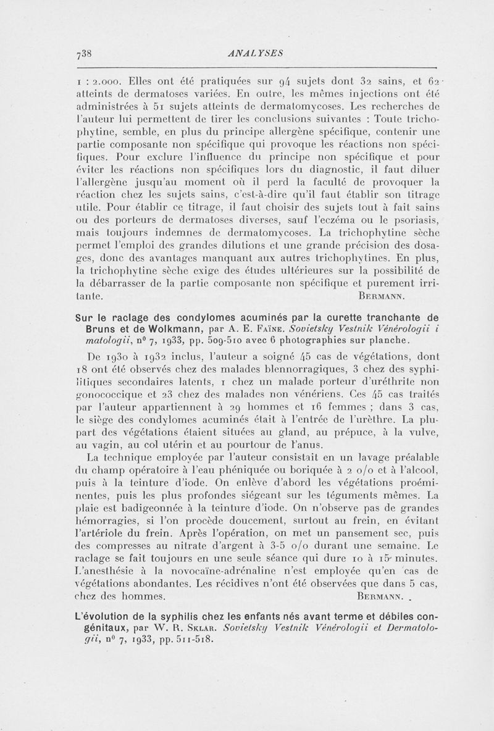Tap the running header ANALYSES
(255, 52)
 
